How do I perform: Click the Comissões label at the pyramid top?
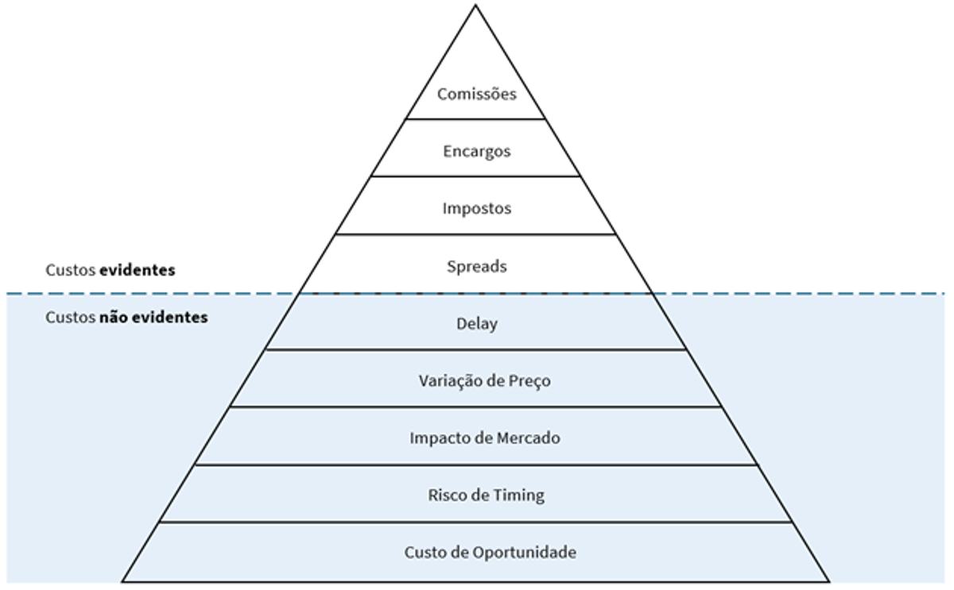(476, 94)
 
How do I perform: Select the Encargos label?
(476, 152)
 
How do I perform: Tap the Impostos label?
(476, 209)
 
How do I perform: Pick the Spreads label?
(476, 266)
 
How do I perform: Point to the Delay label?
(476, 324)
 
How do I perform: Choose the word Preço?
(529, 381)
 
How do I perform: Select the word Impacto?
(436, 438)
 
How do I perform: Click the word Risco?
(447, 495)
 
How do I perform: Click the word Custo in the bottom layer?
(424, 552)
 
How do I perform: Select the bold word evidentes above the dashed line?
(137, 270)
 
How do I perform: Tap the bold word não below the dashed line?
(111, 318)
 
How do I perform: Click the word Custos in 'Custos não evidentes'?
(69, 318)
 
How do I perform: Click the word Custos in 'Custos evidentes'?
(69, 270)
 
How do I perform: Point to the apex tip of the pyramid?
(475, 6)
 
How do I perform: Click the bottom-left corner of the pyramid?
(123, 581)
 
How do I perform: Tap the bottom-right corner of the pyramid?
(829, 581)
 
